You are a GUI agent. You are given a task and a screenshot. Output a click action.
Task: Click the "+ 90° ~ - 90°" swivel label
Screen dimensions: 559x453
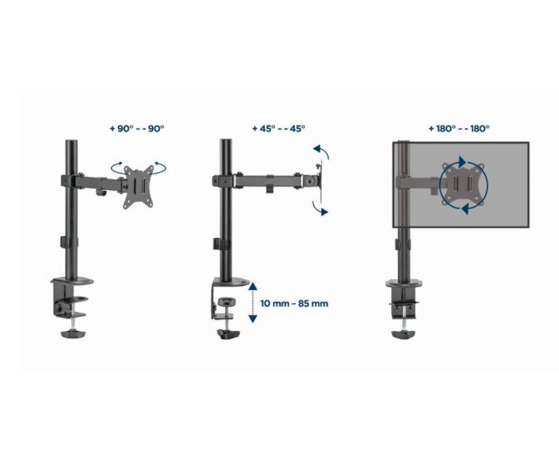pos(137,129)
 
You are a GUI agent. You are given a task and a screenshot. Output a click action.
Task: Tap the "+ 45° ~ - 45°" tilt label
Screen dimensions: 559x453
pos(279,129)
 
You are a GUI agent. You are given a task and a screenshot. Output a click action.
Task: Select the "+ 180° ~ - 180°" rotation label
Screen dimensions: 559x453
pos(459,129)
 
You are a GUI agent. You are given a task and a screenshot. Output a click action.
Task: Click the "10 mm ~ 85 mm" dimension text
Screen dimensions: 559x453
pos(294,304)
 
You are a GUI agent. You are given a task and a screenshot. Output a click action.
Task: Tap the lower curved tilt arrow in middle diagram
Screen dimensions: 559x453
pos(320,208)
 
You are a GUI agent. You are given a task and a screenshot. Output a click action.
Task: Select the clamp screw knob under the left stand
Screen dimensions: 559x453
pos(73,334)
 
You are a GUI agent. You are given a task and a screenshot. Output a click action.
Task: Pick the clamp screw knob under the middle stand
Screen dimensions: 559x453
pos(229,335)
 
